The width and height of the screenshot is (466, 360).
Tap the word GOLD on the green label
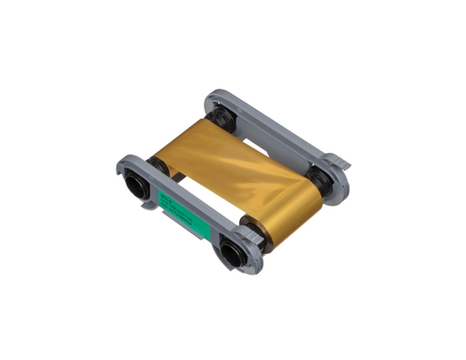[x=165, y=197]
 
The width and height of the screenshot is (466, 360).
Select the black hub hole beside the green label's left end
[x=137, y=185]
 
